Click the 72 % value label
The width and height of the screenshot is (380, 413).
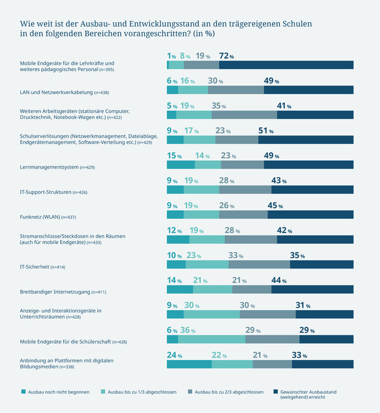pos(226,56)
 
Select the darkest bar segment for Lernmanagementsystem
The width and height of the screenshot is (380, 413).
pos(308,165)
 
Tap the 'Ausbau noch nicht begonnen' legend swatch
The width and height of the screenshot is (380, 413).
pos(23,392)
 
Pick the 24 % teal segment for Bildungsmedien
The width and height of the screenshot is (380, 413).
pos(189,364)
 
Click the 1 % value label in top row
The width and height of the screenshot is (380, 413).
pos(171,56)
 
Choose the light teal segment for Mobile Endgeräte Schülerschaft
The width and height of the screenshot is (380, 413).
pos(211,339)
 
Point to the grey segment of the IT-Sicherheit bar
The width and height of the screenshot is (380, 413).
pos(259,264)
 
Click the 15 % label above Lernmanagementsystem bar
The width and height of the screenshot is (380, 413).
pos(173,156)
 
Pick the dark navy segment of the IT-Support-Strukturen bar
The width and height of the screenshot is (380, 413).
pos(312,189)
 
